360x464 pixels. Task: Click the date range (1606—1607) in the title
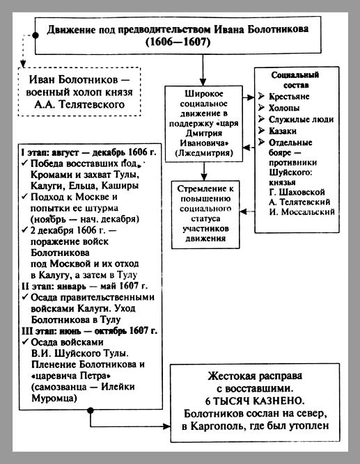pos(178,42)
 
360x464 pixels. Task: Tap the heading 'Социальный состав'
pos(295,80)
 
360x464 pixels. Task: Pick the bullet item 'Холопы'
pos(284,108)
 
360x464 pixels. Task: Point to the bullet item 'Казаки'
pos(283,131)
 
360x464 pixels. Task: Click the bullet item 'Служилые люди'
pos(301,119)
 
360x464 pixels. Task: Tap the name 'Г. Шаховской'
pos(297,192)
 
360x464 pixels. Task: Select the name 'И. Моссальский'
pos(302,212)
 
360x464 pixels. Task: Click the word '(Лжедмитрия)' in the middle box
pos(204,153)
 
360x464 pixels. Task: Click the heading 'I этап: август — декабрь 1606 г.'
pos(88,152)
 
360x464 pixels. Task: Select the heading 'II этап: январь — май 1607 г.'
pos(84,286)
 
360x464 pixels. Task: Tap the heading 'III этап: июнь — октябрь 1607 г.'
pos(89,330)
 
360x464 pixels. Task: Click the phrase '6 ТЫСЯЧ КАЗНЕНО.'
pos(255,401)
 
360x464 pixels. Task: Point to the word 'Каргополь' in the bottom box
pos(214,426)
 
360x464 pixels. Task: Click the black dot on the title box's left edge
pos(36,35)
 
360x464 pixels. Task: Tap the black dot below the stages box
pos(91,410)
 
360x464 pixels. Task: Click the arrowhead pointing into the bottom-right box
pos(167,426)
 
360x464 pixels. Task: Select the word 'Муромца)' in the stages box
pos(54,399)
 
